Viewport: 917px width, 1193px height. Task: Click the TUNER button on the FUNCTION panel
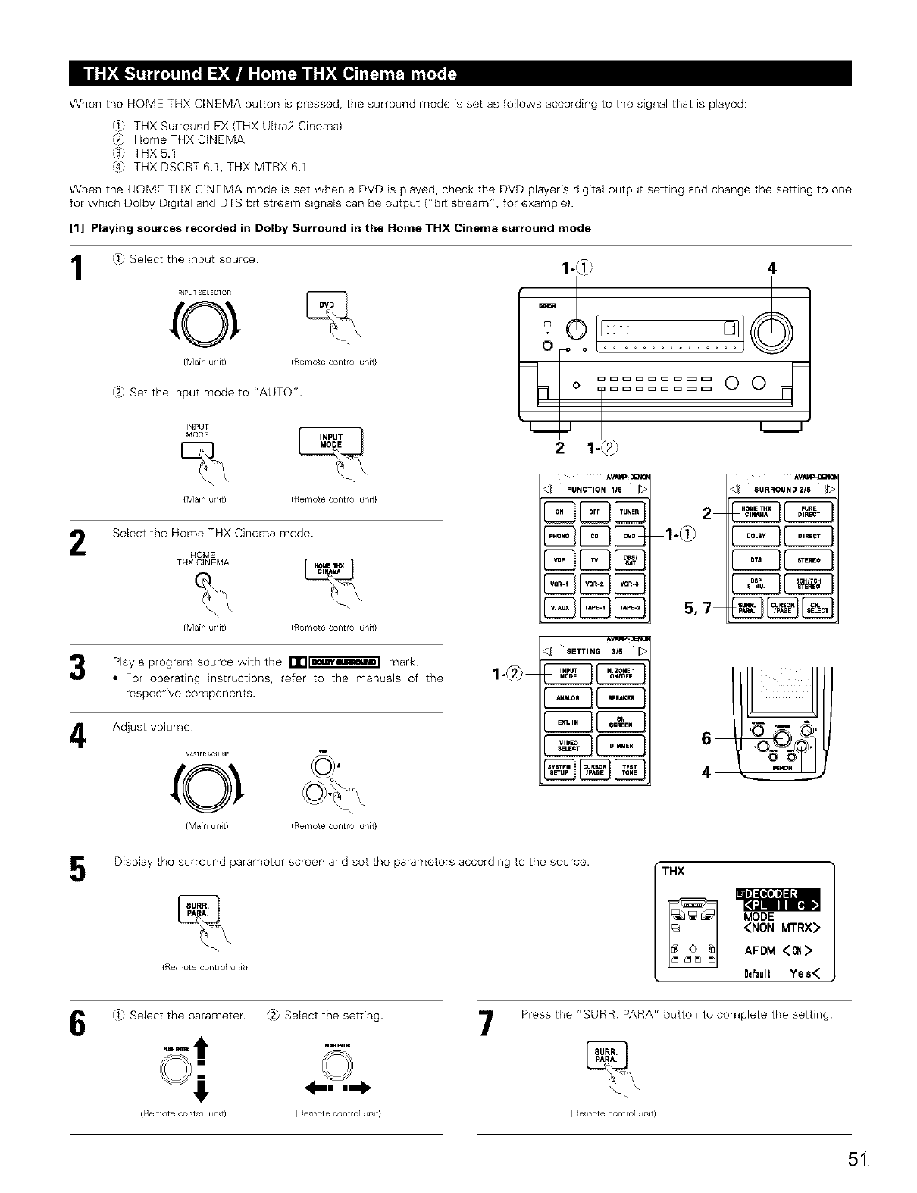(x=631, y=512)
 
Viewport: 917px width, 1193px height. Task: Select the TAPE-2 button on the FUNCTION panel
(x=631, y=607)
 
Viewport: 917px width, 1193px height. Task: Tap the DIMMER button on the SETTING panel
(x=621, y=746)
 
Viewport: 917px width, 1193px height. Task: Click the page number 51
(x=856, y=1160)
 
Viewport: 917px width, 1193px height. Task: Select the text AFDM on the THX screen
(x=759, y=950)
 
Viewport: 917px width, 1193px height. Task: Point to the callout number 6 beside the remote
(x=706, y=738)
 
